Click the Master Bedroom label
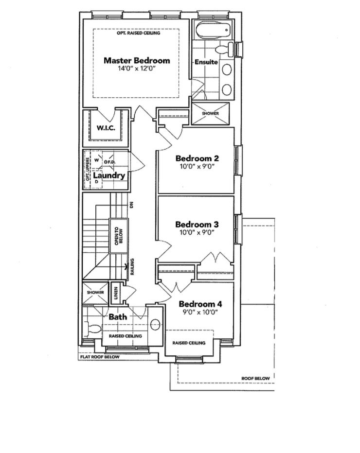tap(137, 60)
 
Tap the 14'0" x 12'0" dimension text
tap(137, 69)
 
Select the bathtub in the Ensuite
tap(214, 29)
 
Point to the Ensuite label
tap(206, 62)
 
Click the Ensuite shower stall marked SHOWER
tap(211, 114)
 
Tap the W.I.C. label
tap(106, 128)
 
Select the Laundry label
tap(109, 175)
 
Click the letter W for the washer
tap(97, 160)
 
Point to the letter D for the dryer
tap(97, 182)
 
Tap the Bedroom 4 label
tap(200, 304)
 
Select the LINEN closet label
tap(116, 293)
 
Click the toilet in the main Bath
tap(92, 329)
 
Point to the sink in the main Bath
tap(155, 324)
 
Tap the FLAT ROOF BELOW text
tap(99, 357)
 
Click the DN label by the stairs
tap(132, 205)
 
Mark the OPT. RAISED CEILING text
tap(138, 33)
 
